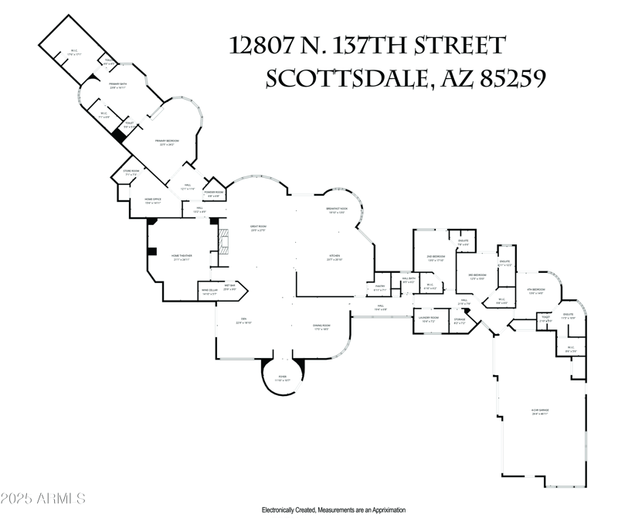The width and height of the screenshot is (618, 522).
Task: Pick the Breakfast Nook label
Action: coord(337,210)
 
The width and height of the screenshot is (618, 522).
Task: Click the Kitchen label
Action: coord(334,257)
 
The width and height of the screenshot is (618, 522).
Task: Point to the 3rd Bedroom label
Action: coord(477,277)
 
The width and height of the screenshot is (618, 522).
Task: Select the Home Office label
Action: coord(153,201)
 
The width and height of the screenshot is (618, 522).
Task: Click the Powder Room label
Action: coord(214,193)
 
